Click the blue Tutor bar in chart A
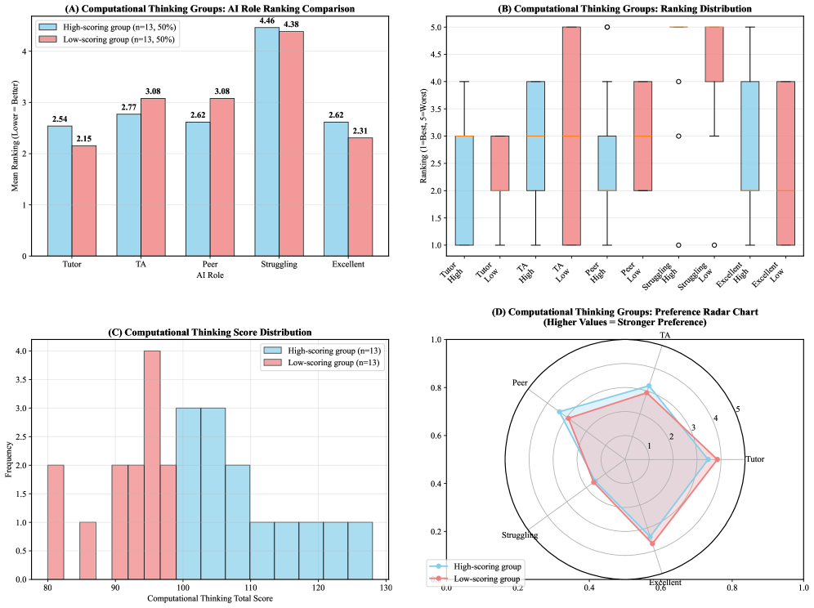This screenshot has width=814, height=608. pyautogui.click(x=60, y=190)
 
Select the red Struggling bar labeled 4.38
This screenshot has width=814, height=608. pyautogui.click(x=292, y=143)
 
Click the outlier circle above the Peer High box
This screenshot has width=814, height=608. pyautogui.click(x=606, y=27)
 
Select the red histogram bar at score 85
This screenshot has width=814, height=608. pyautogui.click(x=87, y=551)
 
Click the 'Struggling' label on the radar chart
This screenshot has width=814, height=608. pyautogui.click(x=520, y=535)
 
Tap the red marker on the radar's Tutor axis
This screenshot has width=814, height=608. pyautogui.click(x=717, y=459)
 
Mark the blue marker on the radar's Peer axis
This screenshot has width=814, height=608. pyautogui.click(x=560, y=412)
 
